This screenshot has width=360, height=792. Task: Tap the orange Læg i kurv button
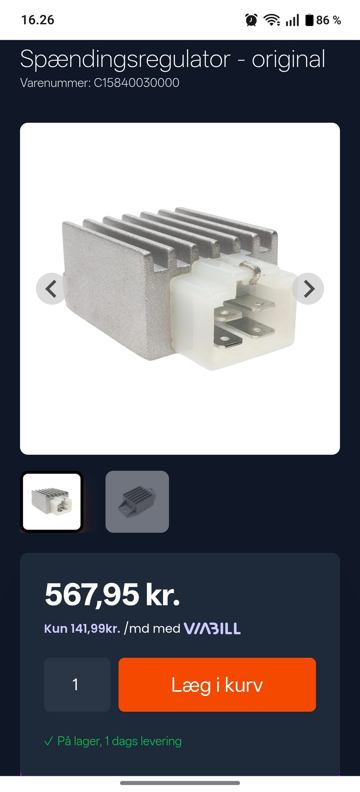(x=217, y=684)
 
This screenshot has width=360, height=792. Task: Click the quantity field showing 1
(x=77, y=684)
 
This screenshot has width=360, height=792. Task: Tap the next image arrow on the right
(x=308, y=289)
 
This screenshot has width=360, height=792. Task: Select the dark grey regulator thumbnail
(x=137, y=501)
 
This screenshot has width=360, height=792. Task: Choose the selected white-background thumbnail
(x=52, y=501)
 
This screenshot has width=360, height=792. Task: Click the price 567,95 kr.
(x=112, y=595)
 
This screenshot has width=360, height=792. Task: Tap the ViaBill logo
(x=212, y=628)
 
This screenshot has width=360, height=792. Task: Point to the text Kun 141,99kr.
(x=82, y=628)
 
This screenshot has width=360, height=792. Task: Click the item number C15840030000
(x=136, y=82)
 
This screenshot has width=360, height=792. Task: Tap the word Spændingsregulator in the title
(x=125, y=60)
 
